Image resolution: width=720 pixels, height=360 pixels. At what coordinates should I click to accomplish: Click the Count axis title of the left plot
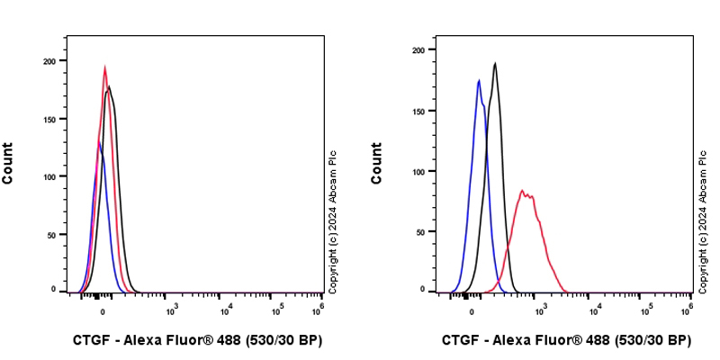tap(8, 163)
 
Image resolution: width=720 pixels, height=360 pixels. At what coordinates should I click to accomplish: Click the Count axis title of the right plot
tap(377, 163)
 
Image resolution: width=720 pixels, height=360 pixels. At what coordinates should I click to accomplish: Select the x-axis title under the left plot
tap(197, 340)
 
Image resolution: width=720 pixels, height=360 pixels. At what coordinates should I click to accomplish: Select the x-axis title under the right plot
tap(566, 340)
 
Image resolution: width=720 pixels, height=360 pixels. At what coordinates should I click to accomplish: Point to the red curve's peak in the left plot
tap(104, 67)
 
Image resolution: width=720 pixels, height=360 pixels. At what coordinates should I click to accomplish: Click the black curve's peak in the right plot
tap(495, 63)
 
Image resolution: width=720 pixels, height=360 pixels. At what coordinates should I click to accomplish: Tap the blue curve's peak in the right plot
tap(479, 81)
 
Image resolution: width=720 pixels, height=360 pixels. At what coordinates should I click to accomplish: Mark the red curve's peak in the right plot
tap(522, 190)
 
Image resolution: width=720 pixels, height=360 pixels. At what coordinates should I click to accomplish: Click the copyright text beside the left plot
tap(332, 220)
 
